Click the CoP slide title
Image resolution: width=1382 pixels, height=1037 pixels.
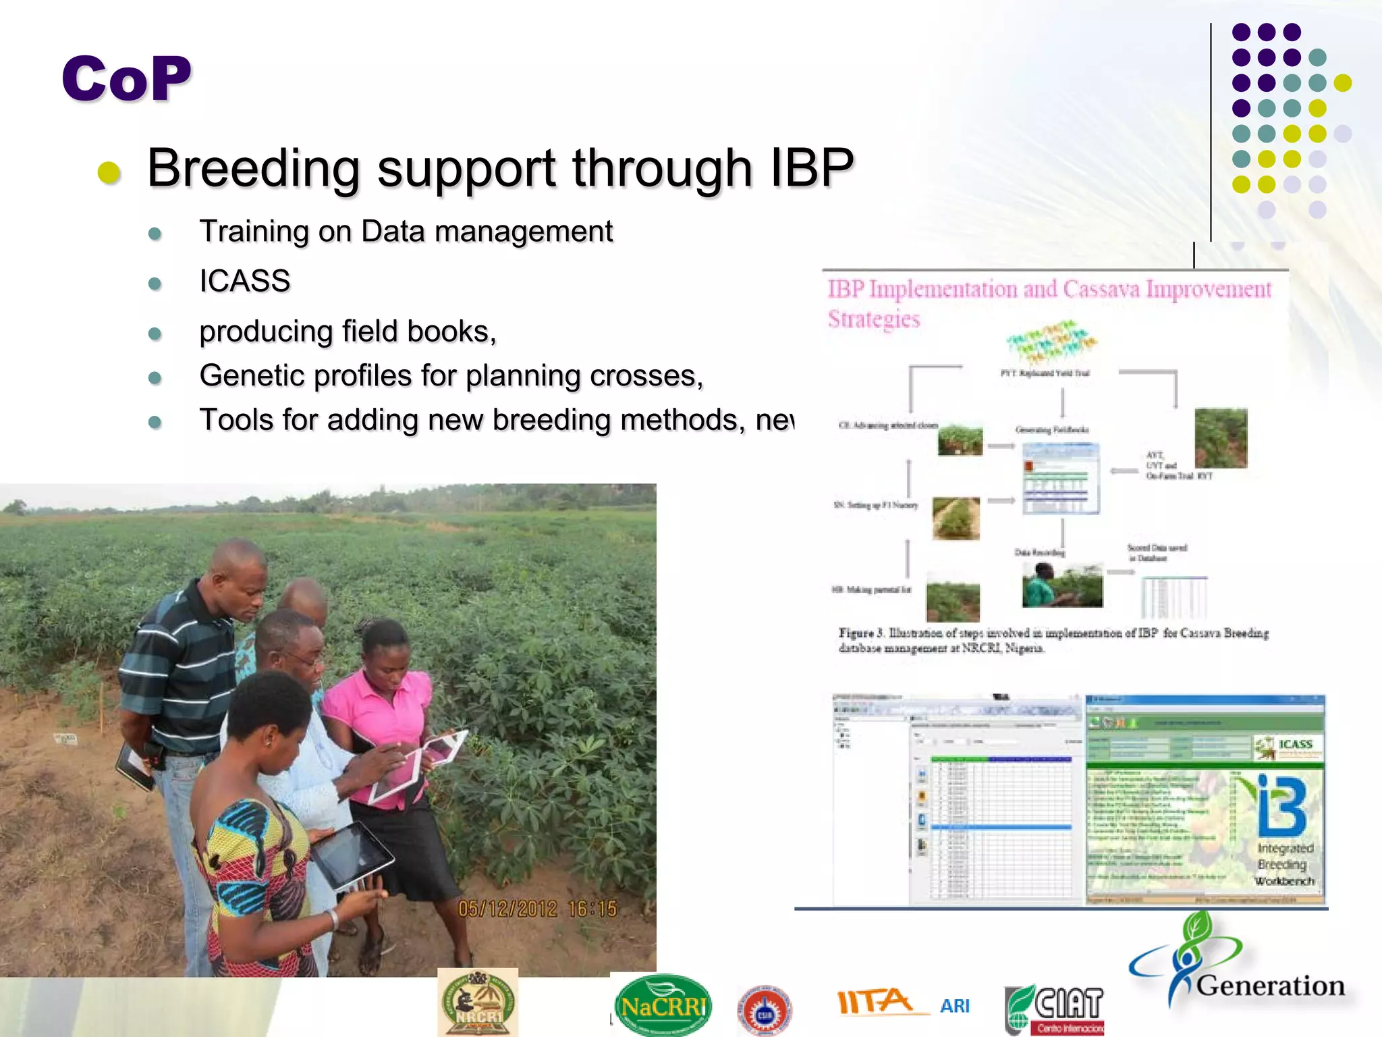pyautogui.click(x=127, y=79)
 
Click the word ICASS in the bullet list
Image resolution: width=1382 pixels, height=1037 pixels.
pyautogui.click(x=244, y=281)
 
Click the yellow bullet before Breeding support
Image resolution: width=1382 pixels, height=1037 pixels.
pyautogui.click(x=109, y=172)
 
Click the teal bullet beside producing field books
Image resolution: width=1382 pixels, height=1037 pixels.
pyautogui.click(x=155, y=334)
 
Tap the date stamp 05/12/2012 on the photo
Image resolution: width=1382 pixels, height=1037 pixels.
pyautogui.click(x=507, y=909)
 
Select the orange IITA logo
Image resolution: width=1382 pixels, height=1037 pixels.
pyautogui.click(x=874, y=1001)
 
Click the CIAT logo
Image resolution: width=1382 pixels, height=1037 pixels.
pyautogui.click(x=1056, y=1009)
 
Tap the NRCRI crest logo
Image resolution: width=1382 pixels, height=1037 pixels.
pyautogui.click(x=478, y=1003)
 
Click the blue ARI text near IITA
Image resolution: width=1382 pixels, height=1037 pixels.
pyautogui.click(x=955, y=1006)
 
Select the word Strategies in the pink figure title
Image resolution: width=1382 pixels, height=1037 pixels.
pyautogui.click(x=874, y=319)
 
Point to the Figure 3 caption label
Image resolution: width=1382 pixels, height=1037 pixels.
pyautogui.click(x=860, y=633)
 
